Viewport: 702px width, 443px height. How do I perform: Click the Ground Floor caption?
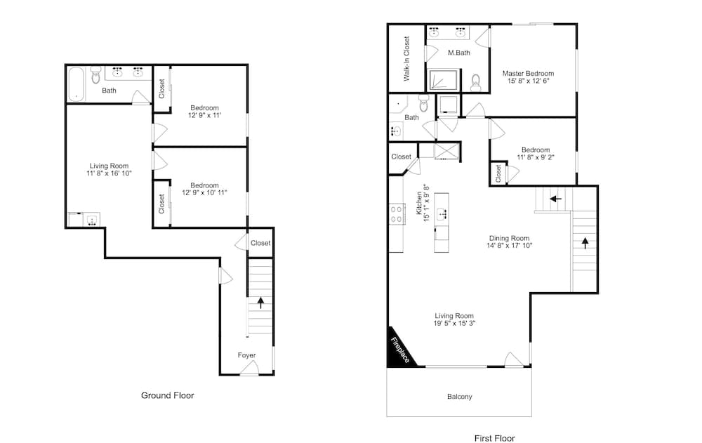tap(168, 395)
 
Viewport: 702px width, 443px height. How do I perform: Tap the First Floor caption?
tap(495, 439)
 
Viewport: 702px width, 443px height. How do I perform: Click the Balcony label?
tap(459, 397)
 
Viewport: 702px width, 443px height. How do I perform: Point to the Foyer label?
tap(246, 355)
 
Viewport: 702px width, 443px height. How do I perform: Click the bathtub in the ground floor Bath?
tap(76, 84)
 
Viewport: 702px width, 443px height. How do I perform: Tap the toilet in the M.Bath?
tap(475, 82)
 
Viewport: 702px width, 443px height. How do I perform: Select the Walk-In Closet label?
tap(406, 59)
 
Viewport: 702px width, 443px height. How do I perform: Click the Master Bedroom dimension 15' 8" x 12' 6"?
tap(529, 81)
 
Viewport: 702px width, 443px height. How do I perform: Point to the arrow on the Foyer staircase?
tap(260, 303)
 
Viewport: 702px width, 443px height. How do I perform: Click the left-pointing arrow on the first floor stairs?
tap(555, 199)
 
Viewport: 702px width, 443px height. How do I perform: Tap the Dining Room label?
tap(509, 238)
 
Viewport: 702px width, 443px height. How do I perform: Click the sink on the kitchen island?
tap(442, 213)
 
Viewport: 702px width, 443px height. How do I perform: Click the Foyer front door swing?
tap(249, 368)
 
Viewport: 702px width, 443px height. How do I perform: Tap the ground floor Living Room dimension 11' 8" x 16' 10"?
tap(110, 173)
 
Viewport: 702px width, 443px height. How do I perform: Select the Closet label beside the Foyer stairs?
tap(260, 243)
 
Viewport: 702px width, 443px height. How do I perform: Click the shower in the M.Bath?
tap(443, 81)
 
